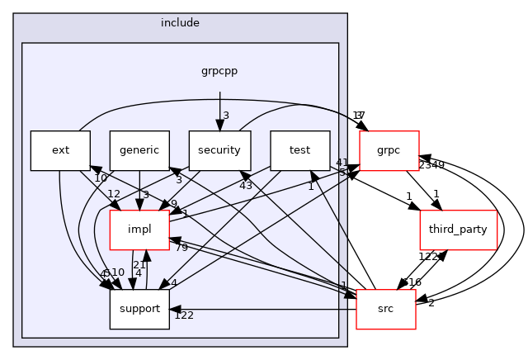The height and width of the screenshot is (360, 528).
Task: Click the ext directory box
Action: click(x=60, y=150)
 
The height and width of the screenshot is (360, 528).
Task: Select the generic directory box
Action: click(x=139, y=150)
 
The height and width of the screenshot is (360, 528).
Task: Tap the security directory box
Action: click(x=219, y=150)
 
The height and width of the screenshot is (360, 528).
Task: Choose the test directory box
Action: click(x=299, y=150)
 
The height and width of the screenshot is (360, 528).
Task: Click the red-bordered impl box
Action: click(x=139, y=230)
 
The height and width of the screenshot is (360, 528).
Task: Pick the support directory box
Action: click(x=139, y=309)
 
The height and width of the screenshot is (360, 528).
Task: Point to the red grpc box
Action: click(x=389, y=150)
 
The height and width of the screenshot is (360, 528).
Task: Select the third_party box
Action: click(x=459, y=230)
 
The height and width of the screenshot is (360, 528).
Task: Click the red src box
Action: click(x=385, y=309)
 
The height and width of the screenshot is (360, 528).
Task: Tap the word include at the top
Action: click(x=181, y=22)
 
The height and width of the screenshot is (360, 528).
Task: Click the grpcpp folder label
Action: click(x=219, y=71)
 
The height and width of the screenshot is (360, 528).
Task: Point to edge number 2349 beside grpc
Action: click(x=431, y=165)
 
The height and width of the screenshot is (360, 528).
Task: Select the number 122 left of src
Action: click(x=184, y=315)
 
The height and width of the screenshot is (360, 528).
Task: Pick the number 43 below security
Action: click(x=246, y=186)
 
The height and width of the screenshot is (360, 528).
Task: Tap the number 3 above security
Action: click(x=226, y=115)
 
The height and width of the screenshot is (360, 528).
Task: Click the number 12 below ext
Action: click(x=114, y=194)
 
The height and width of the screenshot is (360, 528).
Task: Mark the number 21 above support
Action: click(x=139, y=264)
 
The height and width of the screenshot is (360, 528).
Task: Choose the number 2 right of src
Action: click(x=431, y=303)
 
